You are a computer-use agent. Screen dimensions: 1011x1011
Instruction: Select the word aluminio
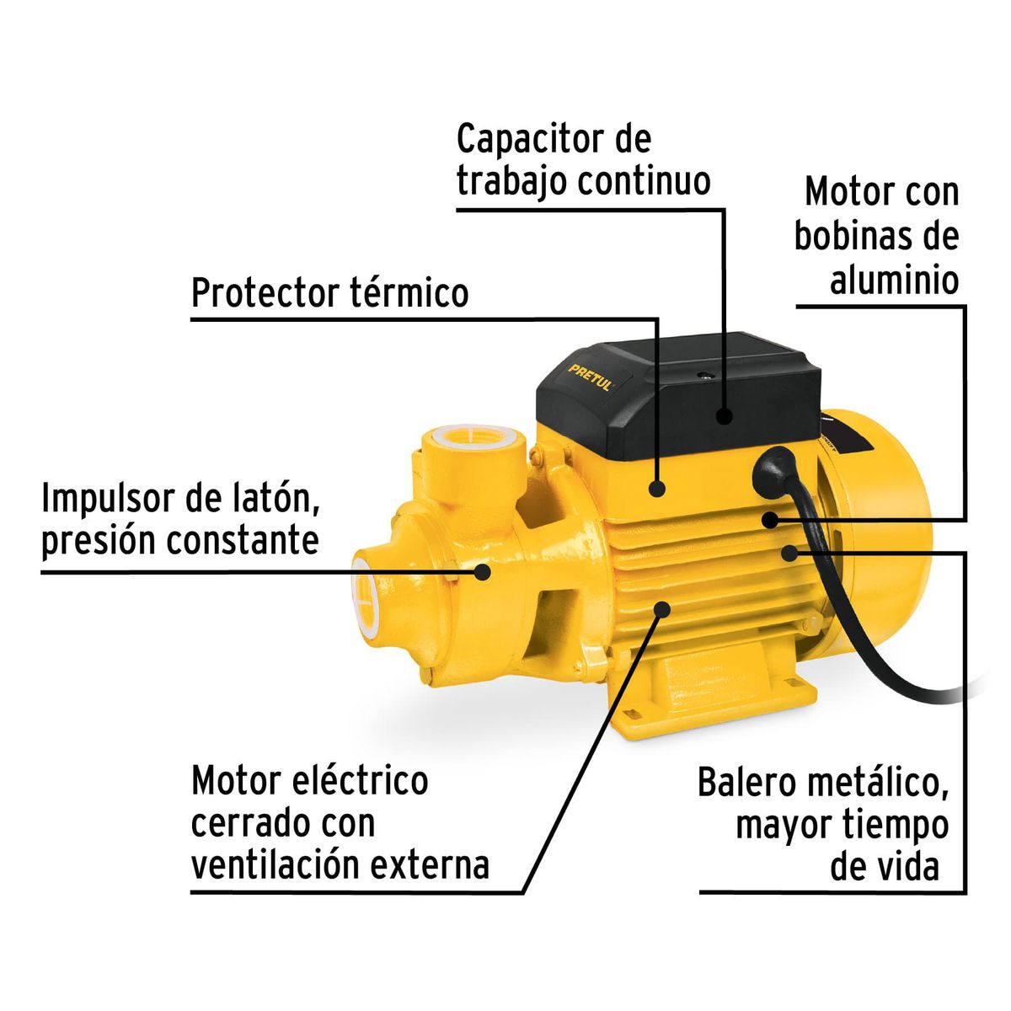895,281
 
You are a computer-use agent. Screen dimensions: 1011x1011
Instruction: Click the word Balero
746,783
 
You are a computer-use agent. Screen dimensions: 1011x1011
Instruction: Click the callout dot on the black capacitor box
723,415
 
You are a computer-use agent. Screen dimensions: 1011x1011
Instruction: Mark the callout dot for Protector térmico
657,487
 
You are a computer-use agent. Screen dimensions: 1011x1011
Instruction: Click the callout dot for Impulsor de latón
483,571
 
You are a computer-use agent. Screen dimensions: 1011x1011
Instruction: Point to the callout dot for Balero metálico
789,553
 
